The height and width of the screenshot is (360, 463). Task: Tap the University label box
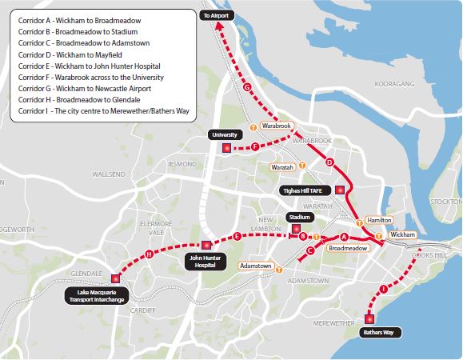[223, 134]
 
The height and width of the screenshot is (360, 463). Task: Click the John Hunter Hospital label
[206, 261]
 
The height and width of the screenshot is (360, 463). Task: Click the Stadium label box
[299, 217]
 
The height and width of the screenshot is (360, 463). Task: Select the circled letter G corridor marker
[246, 86]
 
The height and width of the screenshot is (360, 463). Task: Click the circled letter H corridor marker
[149, 254]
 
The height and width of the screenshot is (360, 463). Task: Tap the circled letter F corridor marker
[254, 146]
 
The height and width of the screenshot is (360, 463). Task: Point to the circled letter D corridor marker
[329, 162]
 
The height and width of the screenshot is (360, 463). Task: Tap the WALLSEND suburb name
[109, 174]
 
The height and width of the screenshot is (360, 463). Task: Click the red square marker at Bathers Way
[369, 318]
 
